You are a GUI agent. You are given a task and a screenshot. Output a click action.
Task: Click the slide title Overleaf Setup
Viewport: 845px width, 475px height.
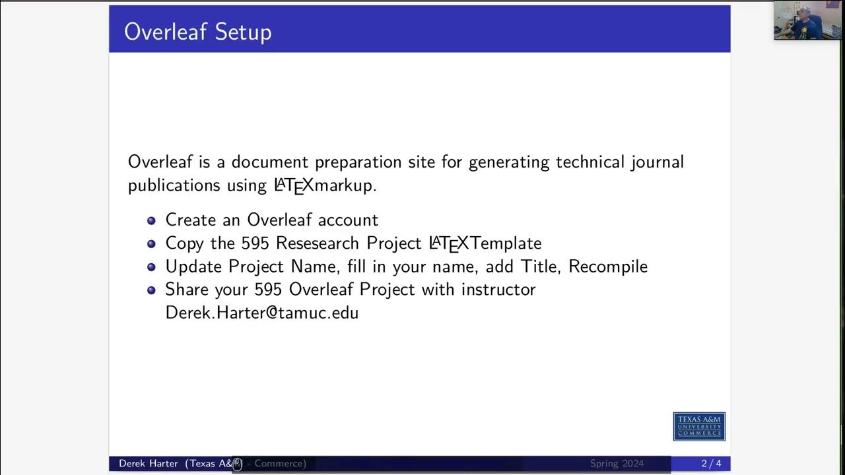[x=197, y=32]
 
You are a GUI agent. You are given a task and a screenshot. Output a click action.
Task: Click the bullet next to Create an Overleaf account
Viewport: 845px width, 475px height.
[x=151, y=220]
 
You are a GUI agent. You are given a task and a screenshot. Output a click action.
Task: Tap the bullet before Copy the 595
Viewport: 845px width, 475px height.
[x=151, y=243]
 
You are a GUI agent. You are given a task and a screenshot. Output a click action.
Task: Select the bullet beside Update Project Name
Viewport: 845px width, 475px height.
[x=151, y=267]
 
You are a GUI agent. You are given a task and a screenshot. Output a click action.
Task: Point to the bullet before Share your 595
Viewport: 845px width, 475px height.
[x=151, y=290]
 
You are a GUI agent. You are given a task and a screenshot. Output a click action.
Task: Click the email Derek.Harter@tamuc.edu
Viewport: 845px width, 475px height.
[x=261, y=313]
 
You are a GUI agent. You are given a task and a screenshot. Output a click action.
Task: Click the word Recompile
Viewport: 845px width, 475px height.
[x=608, y=267]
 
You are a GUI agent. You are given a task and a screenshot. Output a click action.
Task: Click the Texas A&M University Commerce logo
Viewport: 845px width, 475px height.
[x=699, y=426]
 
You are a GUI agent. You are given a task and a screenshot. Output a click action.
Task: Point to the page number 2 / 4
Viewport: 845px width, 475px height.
[x=711, y=464]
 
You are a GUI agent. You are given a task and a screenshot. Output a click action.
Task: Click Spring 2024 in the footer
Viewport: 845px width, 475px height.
[x=617, y=464]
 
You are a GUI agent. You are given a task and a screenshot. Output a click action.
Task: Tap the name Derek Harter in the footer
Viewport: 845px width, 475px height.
[x=149, y=464]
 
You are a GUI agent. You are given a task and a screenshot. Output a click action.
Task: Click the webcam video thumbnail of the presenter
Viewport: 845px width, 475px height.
[x=807, y=20]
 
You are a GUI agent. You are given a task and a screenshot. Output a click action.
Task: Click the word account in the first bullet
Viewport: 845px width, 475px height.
[x=348, y=220]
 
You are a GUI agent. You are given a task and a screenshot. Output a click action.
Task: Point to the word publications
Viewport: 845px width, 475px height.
[x=175, y=185]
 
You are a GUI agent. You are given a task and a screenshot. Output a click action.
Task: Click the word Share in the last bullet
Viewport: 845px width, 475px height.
[x=186, y=290]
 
